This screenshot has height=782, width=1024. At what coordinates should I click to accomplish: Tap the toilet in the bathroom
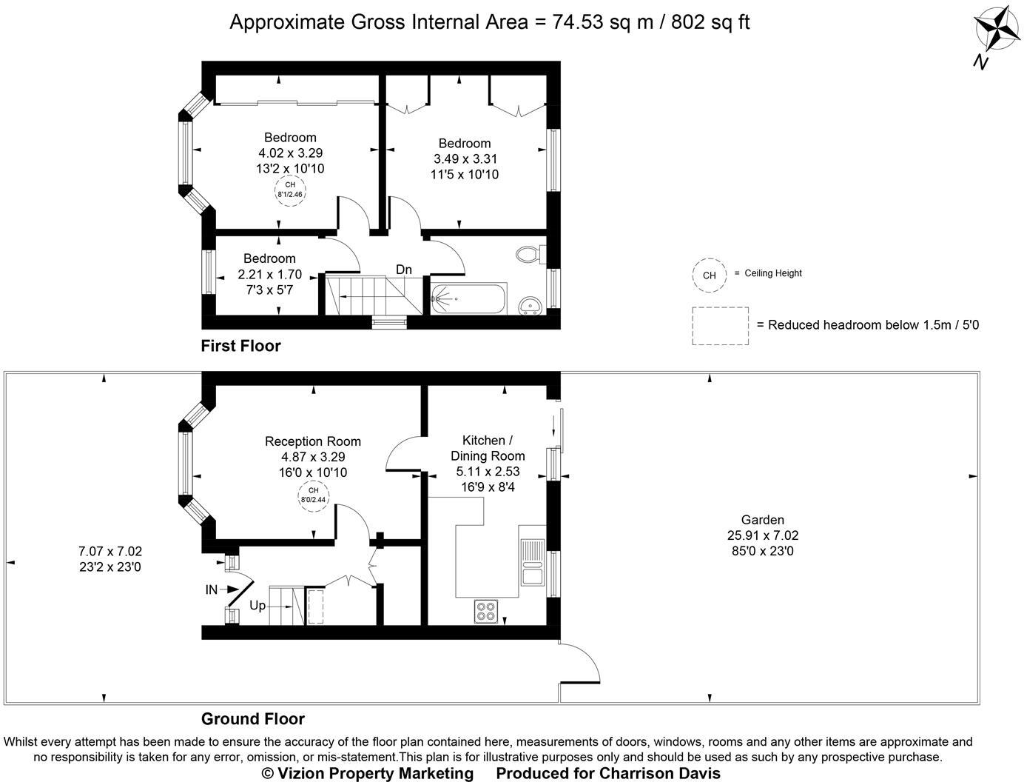tap(531, 255)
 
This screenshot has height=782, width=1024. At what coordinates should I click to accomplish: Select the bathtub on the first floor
tap(468, 298)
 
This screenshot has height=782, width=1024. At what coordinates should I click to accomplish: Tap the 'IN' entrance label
tap(212, 589)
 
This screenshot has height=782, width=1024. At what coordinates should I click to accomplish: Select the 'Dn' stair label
tap(403, 270)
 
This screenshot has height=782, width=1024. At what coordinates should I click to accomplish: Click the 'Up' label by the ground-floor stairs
tap(257, 606)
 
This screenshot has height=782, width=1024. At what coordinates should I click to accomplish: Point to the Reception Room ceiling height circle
tap(314, 495)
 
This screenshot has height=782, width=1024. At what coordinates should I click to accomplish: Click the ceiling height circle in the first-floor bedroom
tap(290, 190)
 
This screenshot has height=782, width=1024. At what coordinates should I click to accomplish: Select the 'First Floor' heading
tap(240, 346)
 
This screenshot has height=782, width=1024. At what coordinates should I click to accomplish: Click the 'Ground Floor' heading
tap(253, 719)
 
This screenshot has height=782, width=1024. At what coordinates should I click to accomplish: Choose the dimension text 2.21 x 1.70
tap(269, 274)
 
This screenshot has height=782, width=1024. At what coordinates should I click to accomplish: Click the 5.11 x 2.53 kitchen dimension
tap(488, 472)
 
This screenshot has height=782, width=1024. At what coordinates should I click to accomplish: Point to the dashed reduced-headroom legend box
tap(721, 326)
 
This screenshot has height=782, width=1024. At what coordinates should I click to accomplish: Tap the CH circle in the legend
tap(709, 275)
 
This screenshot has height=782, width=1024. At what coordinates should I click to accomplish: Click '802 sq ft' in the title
tap(710, 22)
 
